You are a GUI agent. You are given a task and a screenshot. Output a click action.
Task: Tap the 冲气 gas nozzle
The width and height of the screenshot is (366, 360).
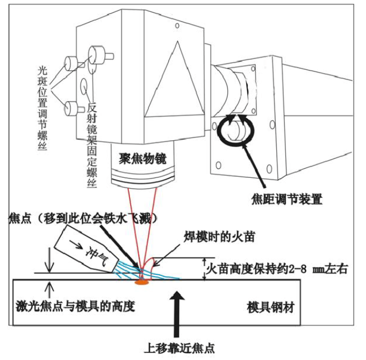[86, 249]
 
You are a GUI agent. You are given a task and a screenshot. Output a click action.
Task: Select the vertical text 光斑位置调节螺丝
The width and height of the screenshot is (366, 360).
[43, 107]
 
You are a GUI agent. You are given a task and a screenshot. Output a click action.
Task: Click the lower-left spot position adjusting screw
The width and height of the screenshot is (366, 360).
[71, 107]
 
